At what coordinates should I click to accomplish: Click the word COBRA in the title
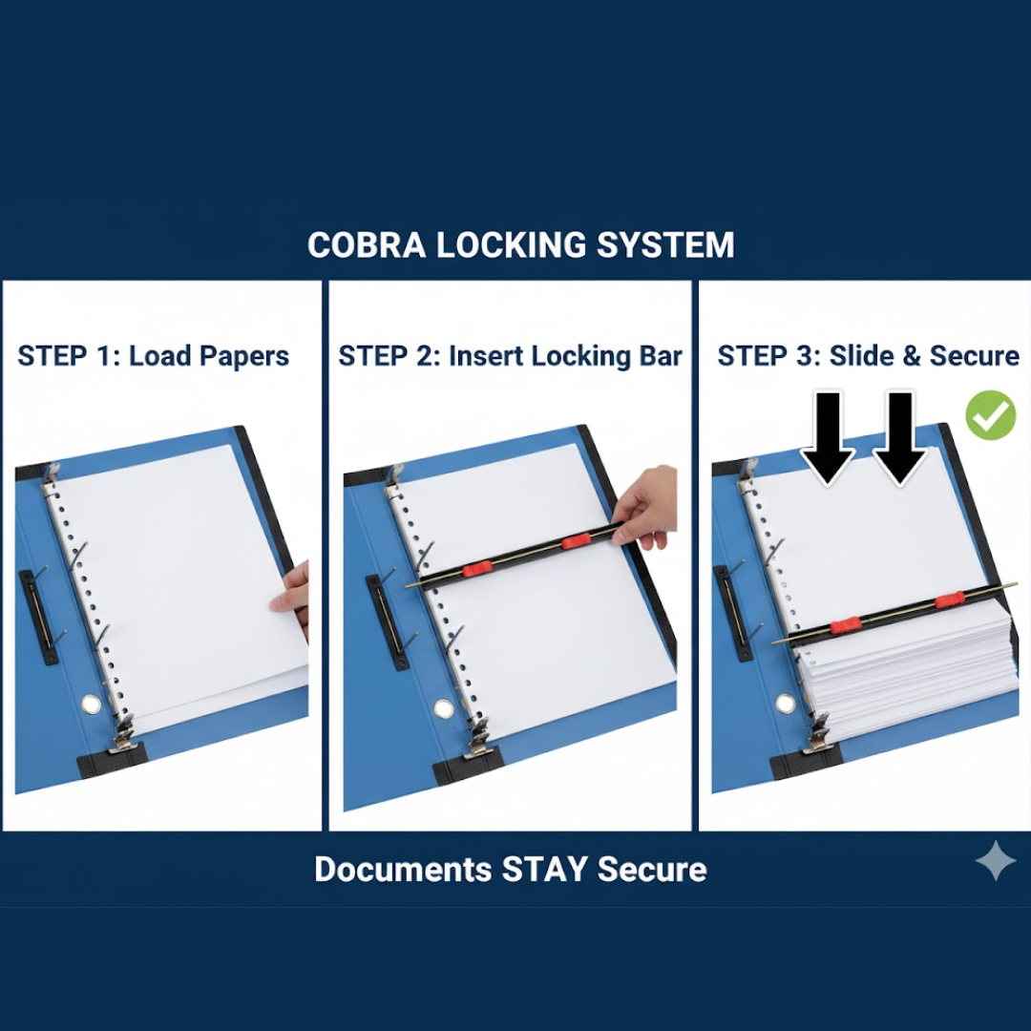click(x=368, y=245)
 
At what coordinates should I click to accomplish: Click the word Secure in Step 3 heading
click(x=974, y=356)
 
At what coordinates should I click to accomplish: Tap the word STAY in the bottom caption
click(x=544, y=870)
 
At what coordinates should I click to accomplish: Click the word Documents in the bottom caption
click(x=402, y=870)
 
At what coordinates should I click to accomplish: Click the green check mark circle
click(x=990, y=415)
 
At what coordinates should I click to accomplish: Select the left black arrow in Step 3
click(x=827, y=436)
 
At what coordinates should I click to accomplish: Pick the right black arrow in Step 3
click(x=899, y=436)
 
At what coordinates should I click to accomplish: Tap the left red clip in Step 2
click(x=476, y=570)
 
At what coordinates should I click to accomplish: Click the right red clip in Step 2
click(x=576, y=541)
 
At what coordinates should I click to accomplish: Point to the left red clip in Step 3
click(x=846, y=626)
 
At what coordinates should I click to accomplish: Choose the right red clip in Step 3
click(x=948, y=600)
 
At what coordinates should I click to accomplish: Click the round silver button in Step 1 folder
click(x=91, y=705)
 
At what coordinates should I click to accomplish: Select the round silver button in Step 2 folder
click(x=444, y=708)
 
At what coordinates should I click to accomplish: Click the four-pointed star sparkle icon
click(x=996, y=861)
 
